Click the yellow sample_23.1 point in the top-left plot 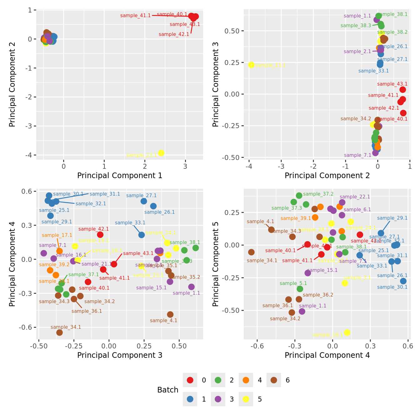(161, 153)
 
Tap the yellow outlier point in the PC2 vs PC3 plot (251, 65)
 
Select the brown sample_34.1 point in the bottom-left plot (59, 332)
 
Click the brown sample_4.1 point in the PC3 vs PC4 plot (170, 314)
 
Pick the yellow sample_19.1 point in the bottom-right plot (347, 332)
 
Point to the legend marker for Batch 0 (190, 380)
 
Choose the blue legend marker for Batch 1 (190, 399)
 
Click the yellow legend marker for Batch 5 (246, 399)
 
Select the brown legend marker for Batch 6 (274, 380)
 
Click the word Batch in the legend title (168, 390)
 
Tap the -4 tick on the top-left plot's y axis (30, 155)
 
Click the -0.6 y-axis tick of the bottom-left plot (27, 327)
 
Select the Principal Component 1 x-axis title (120, 176)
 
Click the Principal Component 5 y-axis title (215, 264)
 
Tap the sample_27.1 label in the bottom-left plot (142, 196)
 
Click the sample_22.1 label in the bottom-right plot (355, 197)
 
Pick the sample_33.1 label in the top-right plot (373, 71)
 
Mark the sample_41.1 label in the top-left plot (135, 16)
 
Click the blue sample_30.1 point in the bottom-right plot (403, 281)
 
